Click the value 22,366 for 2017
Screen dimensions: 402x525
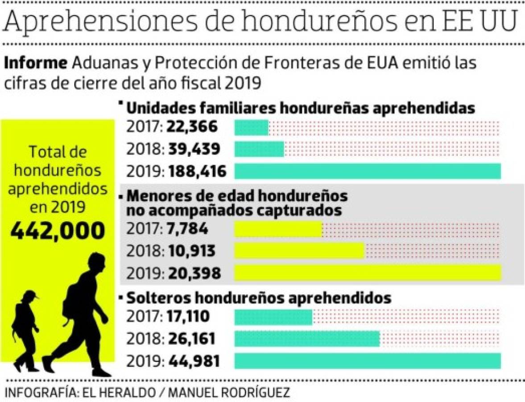tap(192, 127)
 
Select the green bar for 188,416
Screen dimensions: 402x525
tap(368, 171)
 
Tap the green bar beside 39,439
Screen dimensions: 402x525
tap(259, 149)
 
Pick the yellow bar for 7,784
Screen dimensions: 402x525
tap(278, 230)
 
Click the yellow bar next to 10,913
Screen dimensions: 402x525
tap(300, 251)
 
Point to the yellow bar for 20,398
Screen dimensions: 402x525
tap(368, 272)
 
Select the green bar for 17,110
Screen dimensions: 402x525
tap(273, 317)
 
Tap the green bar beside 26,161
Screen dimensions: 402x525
tap(307, 339)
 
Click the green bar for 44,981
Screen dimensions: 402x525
tap(368, 360)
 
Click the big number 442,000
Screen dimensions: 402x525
tap(58, 230)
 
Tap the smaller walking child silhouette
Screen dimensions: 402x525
tap(26, 328)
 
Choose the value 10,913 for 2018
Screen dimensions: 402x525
tap(192, 251)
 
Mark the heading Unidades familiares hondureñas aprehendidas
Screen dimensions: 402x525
tap(300, 108)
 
